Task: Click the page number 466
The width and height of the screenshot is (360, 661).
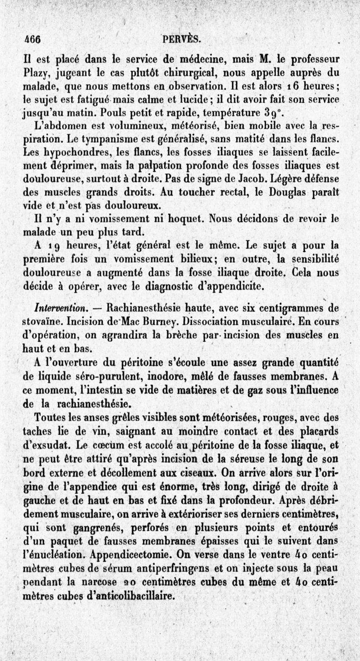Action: point(32,39)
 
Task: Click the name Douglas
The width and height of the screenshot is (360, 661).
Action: point(285,191)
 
